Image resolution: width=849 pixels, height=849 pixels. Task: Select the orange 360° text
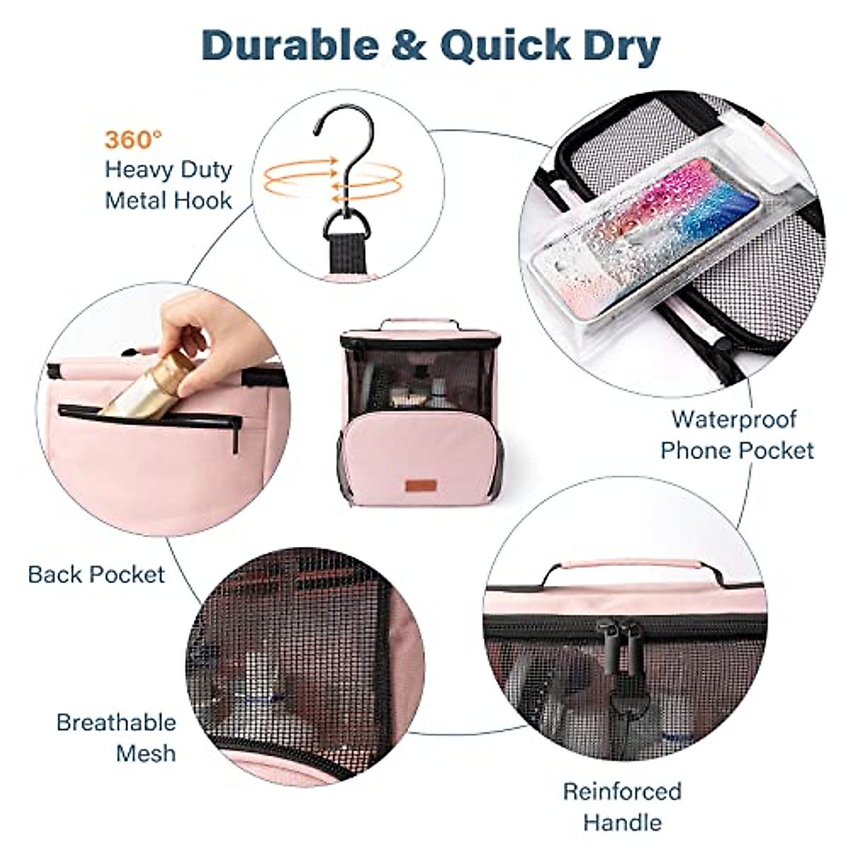click(129, 139)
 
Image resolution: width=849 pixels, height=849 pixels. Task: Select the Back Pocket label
click(96, 574)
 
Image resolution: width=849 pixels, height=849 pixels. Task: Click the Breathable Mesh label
click(117, 737)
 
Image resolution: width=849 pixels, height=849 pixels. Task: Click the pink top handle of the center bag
click(420, 325)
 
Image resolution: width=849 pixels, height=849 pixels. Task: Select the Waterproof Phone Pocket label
click(736, 434)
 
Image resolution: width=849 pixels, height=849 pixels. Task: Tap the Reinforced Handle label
click(623, 806)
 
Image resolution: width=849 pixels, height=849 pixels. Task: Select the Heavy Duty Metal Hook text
click(168, 185)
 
